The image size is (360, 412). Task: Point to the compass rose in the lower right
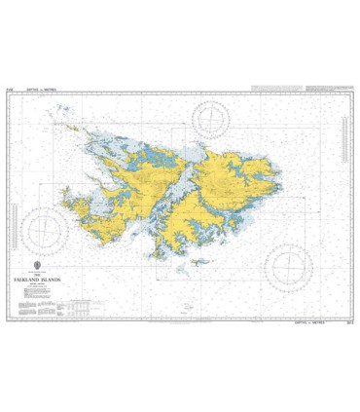(286, 265)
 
